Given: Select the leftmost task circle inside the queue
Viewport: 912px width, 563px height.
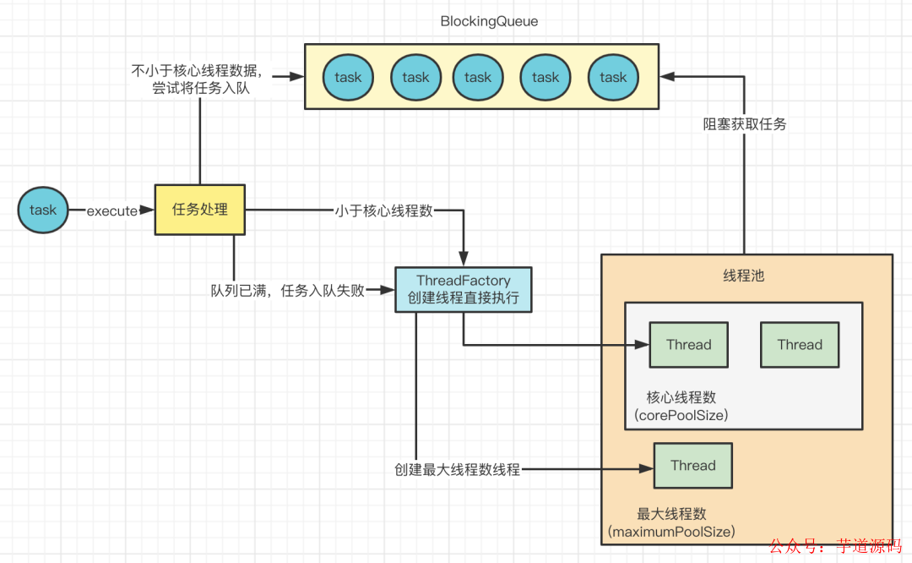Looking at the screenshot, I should (347, 77).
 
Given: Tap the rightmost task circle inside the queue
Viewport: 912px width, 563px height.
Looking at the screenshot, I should (613, 77).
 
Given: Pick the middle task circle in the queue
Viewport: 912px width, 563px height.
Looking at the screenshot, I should (477, 77).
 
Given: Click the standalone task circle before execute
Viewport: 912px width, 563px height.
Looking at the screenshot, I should (43, 210).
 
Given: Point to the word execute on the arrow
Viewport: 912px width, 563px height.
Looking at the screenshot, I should (111, 210).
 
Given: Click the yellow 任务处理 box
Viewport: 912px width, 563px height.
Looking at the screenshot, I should (200, 209).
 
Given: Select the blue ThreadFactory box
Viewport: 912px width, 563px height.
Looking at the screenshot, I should (464, 289).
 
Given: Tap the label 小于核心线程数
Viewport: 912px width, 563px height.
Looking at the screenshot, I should (383, 210).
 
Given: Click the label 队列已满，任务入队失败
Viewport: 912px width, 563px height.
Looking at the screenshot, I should (288, 291).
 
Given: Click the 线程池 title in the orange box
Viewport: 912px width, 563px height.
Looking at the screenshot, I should (744, 276).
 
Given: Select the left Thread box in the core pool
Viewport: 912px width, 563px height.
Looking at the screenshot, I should (688, 344).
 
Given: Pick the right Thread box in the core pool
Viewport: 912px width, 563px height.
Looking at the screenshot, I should (800, 344).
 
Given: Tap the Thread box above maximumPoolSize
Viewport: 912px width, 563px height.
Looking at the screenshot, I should (692, 465).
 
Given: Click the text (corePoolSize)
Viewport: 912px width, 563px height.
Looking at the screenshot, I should (681, 415).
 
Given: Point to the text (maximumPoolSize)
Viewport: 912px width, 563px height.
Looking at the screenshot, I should (671, 533).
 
